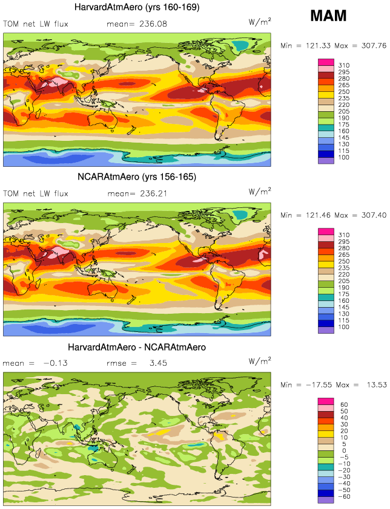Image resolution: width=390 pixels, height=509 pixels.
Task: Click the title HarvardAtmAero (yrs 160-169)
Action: pos(136,7)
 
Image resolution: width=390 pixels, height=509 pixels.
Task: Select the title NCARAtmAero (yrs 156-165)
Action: pos(136,178)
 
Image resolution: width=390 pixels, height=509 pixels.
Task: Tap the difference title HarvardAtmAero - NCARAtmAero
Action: pos(137,348)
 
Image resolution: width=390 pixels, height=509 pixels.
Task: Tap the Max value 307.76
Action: pos(369,45)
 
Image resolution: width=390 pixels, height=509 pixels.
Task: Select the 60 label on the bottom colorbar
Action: pos(344,404)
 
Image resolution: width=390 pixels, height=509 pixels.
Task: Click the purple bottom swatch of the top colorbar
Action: pos(326,161)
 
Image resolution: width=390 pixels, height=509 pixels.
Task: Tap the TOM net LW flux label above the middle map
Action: pos(36,194)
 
